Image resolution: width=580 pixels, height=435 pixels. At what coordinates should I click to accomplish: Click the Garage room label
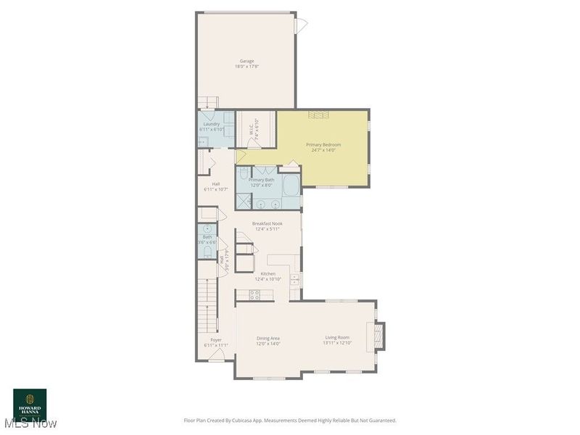(246, 61)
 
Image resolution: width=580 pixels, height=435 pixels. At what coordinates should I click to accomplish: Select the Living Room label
(337, 338)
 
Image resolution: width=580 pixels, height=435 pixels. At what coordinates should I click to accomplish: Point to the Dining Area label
(268, 339)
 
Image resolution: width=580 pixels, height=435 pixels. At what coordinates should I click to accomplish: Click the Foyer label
(216, 339)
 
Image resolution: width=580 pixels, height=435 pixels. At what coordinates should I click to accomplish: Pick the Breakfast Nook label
(267, 224)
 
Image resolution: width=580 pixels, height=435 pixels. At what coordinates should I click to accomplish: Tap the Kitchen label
(268, 273)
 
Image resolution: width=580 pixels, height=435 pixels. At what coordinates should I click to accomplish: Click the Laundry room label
(212, 124)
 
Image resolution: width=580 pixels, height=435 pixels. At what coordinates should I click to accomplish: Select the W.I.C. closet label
(252, 128)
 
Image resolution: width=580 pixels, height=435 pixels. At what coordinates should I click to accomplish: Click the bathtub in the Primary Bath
(291, 185)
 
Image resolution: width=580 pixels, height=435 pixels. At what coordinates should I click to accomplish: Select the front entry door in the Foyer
(217, 355)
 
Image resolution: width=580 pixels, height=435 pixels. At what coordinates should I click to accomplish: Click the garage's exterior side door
(300, 25)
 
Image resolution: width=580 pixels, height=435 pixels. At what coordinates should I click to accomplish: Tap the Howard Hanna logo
(30, 402)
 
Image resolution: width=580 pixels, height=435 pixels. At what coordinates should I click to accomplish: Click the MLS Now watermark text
(30, 423)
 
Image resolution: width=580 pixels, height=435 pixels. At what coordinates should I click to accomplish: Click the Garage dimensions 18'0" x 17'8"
(246, 67)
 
